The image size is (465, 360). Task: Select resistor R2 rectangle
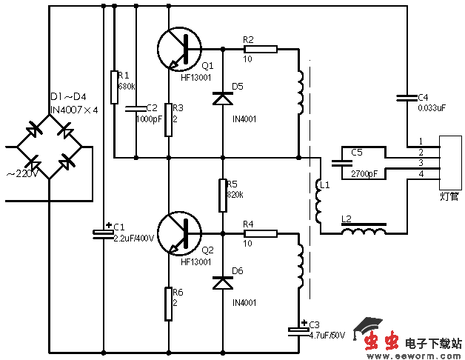[x=260, y=50]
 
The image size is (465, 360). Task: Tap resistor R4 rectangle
[x=260, y=234]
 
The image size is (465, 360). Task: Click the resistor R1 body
[x=115, y=87]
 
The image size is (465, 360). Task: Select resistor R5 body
[x=222, y=195]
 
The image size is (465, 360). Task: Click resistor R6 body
[x=169, y=304]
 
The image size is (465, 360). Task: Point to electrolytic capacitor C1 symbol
[x=101, y=234]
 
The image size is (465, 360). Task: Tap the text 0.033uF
[x=432, y=107]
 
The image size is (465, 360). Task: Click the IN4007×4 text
[x=73, y=110]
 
